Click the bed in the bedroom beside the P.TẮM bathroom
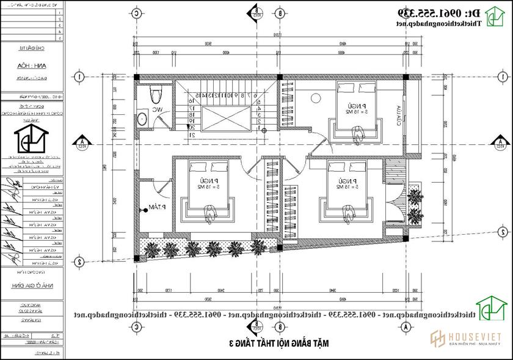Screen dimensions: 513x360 pyautogui.click(x=208, y=188)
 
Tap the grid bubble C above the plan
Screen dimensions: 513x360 pyautogui.click(x=136, y=12)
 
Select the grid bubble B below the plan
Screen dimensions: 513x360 pyautogui.click(x=280, y=327)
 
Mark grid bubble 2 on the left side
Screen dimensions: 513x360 pyautogui.click(x=80, y=261)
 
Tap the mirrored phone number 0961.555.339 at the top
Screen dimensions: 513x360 pyautogui.click(x=436, y=12)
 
